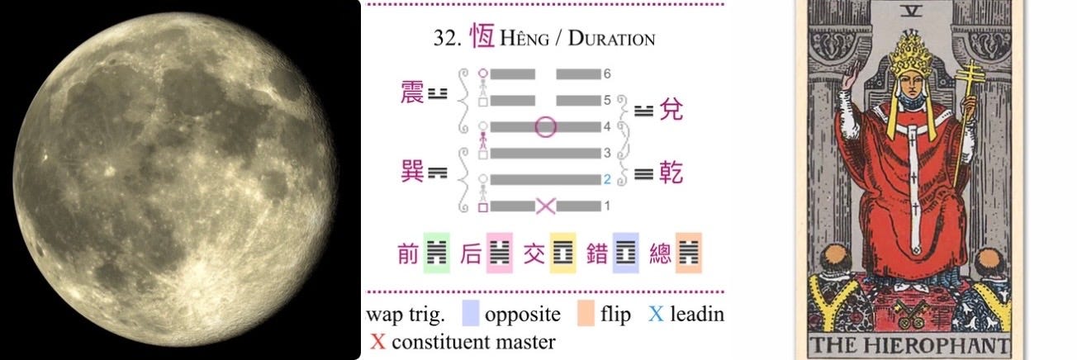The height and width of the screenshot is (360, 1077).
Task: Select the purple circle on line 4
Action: (x=545, y=127)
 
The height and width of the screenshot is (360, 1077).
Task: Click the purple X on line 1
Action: (x=545, y=206)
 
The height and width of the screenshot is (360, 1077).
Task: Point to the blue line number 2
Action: (x=606, y=179)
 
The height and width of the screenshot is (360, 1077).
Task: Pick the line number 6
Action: (x=607, y=73)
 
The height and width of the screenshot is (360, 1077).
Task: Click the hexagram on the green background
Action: (x=435, y=253)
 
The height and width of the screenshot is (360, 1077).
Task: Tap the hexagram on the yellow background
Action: (x=562, y=253)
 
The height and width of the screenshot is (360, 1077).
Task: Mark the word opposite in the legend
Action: (x=523, y=315)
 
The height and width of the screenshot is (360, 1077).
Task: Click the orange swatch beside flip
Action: (x=587, y=315)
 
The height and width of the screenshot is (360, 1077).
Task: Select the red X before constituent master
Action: (x=378, y=341)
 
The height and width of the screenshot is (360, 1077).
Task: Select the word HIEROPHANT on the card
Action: (x=938, y=345)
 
